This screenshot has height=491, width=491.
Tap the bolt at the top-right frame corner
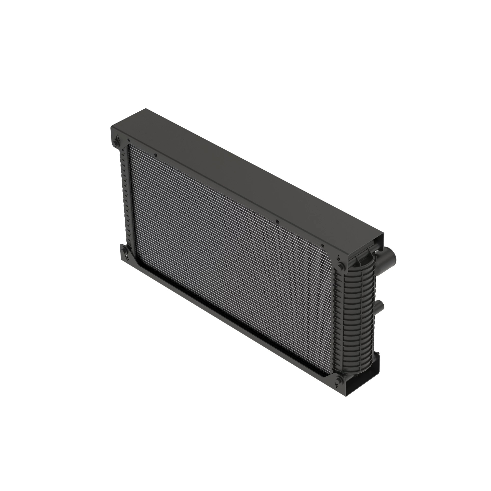coord(341,266)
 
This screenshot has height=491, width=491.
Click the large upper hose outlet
coord(389,259)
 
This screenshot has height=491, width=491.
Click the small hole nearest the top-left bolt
coord(129,140)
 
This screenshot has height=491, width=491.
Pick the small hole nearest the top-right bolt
coord(323,246)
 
